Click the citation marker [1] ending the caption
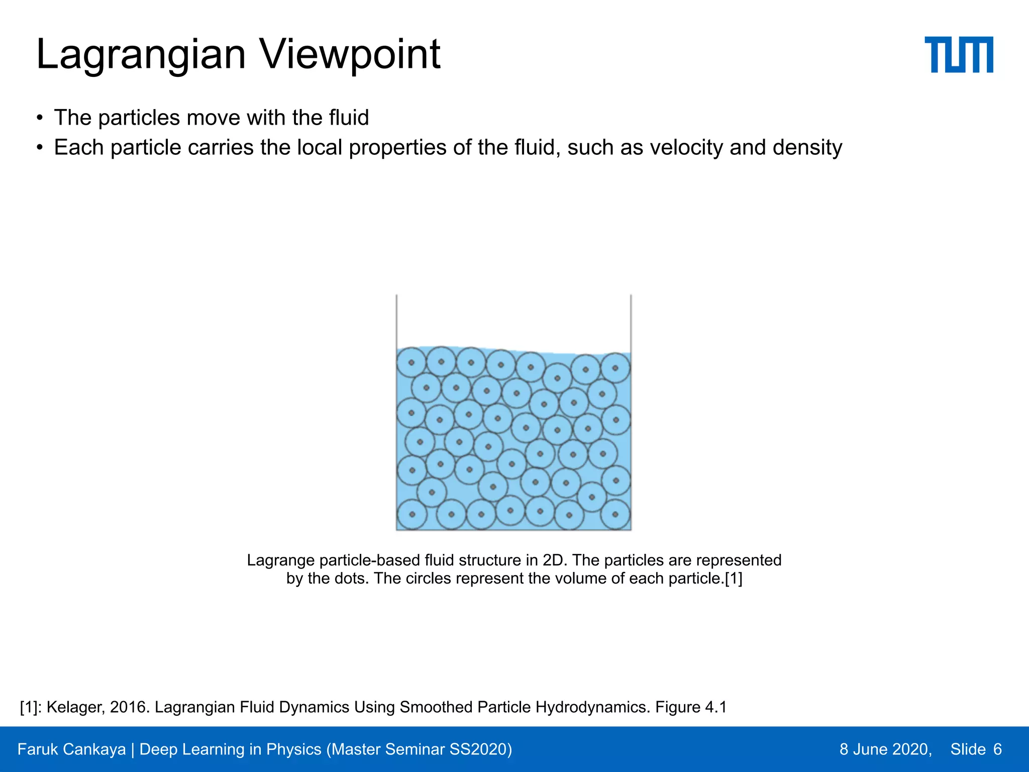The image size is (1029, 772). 733,578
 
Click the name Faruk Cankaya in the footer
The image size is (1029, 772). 71,749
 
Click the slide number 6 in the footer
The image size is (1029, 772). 997,749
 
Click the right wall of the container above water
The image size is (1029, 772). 631,322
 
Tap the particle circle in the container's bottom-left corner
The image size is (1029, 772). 412,515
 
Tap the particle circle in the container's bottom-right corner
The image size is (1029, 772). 615,515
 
